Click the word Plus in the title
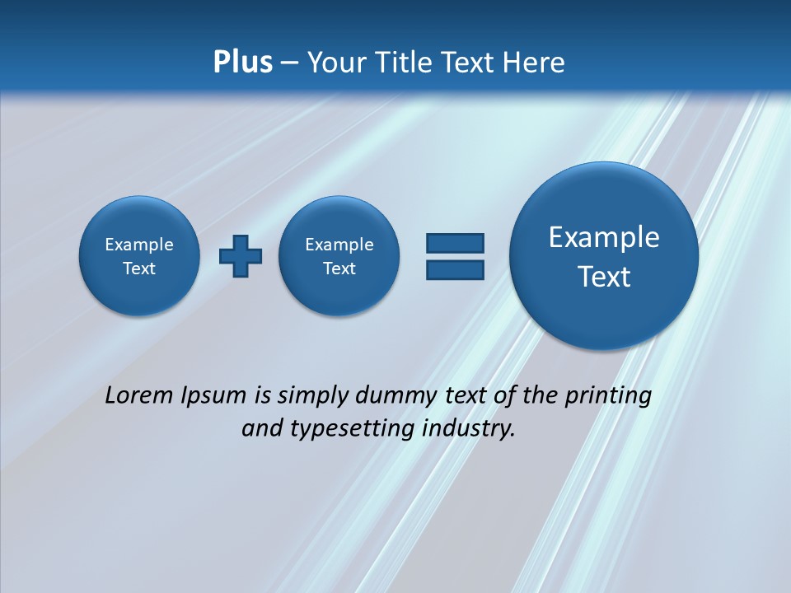tap(242, 62)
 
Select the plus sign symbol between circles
tap(241, 255)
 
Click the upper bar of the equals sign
tap(455, 243)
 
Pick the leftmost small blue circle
tap(139, 255)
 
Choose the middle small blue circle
tap(339, 255)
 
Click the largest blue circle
tap(604, 256)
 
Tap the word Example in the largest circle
tap(604, 237)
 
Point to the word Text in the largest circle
tap(604, 277)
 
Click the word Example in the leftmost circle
tap(139, 245)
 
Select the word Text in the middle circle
tap(339, 268)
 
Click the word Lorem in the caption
tap(139, 395)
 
